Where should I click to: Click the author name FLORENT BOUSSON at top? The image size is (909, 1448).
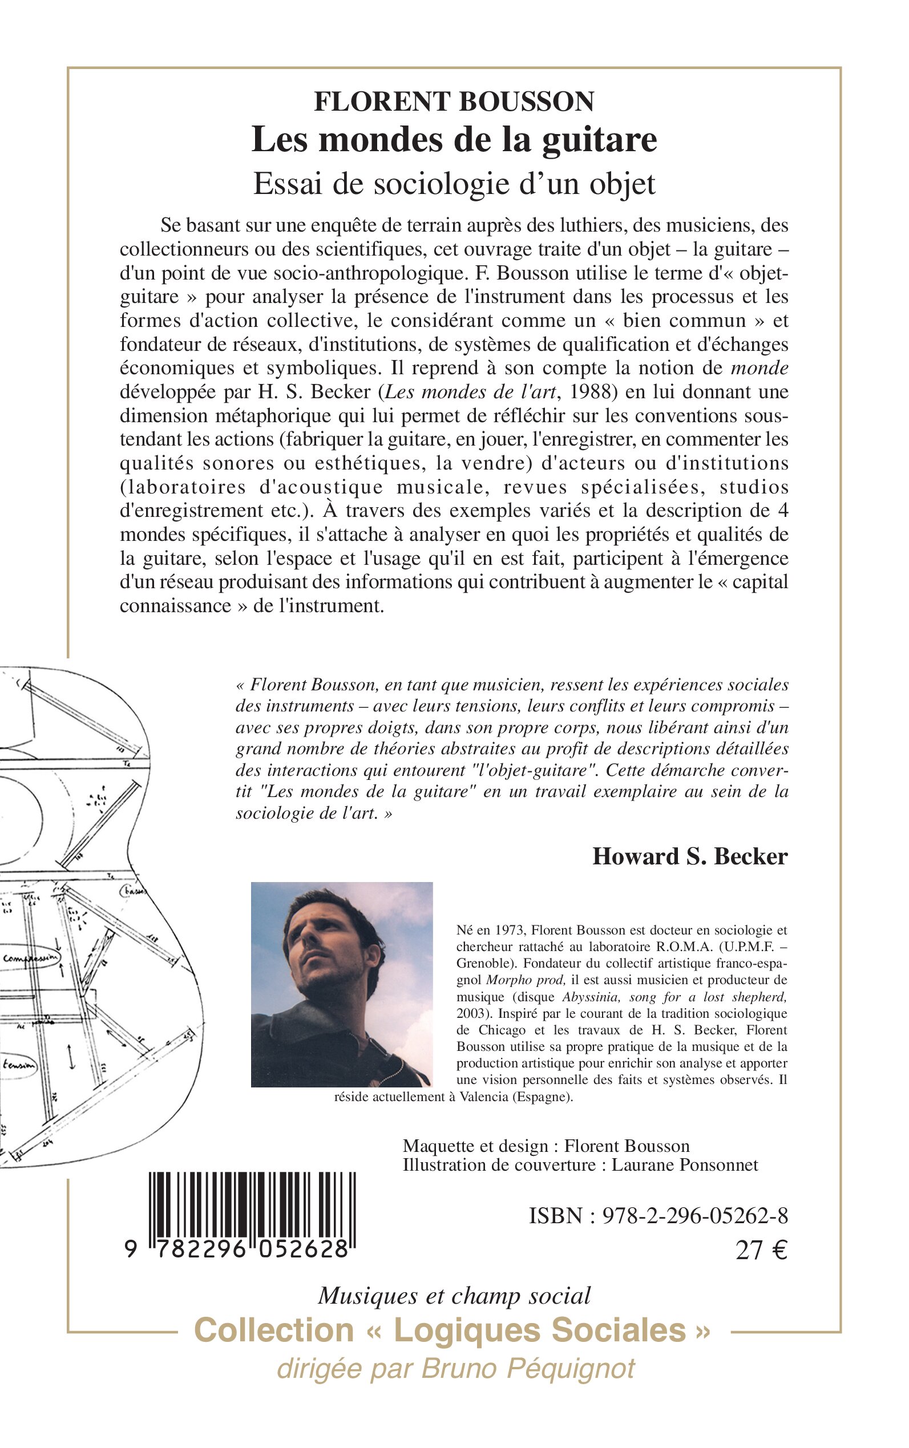tap(454, 102)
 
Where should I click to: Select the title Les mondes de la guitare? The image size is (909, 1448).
tap(454, 139)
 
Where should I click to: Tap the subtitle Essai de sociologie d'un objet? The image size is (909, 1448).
tap(454, 184)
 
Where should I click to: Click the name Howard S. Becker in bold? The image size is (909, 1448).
tap(689, 856)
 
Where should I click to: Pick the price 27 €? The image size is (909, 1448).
tap(761, 1251)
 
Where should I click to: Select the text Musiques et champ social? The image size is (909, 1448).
tap(454, 1296)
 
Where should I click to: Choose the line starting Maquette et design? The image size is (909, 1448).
tap(546, 1146)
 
